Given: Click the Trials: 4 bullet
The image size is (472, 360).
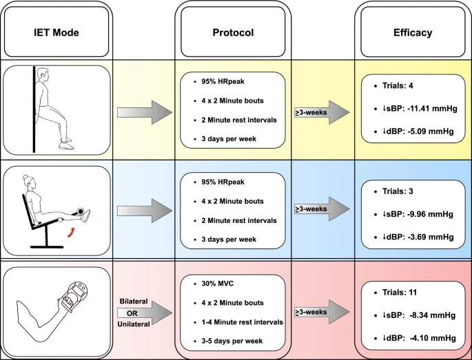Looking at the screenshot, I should pyautogui.click(x=399, y=86).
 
